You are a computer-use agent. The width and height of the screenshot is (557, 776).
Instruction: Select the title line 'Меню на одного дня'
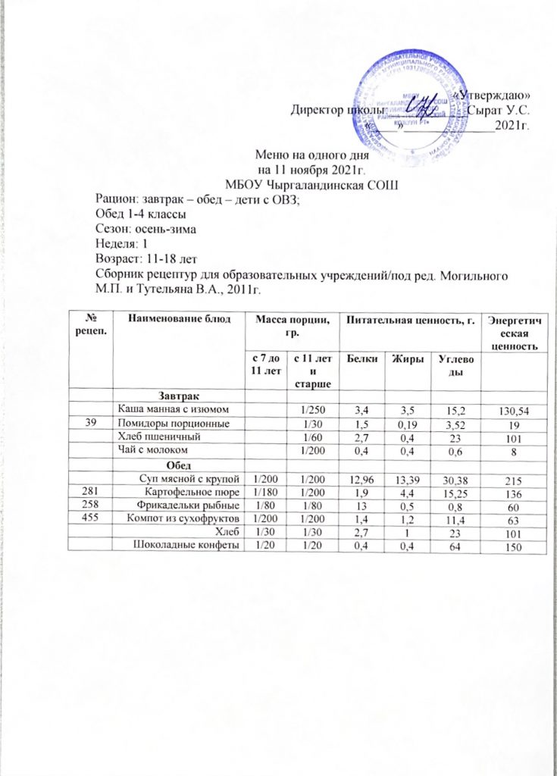pyautogui.click(x=311, y=153)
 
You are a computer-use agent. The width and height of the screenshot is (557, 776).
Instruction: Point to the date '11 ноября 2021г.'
pyautogui.click(x=312, y=168)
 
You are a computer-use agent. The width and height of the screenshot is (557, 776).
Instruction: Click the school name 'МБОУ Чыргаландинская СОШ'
pyautogui.click(x=311, y=183)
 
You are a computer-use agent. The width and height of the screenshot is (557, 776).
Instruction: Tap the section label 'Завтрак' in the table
pyautogui.click(x=179, y=396)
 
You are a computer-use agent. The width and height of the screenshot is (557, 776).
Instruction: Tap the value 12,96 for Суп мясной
pyautogui.click(x=361, y=477)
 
